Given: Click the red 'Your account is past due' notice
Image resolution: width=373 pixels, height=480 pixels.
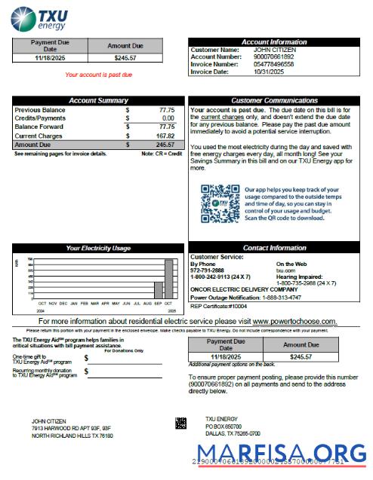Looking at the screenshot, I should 98,75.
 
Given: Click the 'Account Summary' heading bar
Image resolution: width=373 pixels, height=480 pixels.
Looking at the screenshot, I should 98,100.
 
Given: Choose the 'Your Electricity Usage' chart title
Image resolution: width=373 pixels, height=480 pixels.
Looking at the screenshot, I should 98,248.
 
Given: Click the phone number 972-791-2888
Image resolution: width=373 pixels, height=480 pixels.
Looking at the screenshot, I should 207,271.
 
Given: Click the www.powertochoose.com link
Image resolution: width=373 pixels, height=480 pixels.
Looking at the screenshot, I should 294,321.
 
